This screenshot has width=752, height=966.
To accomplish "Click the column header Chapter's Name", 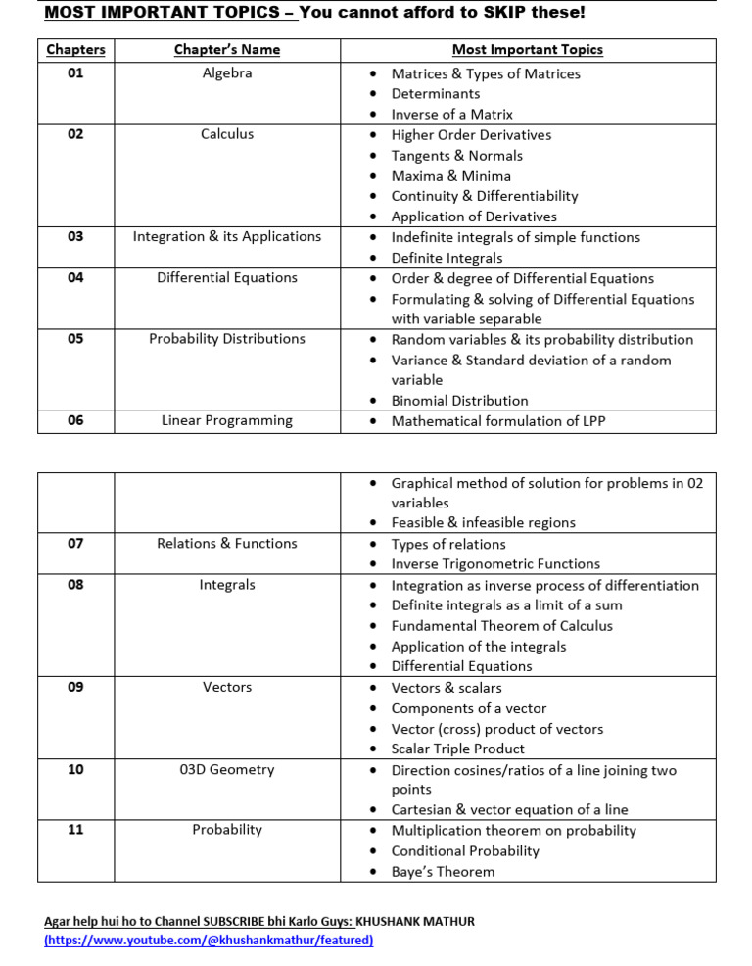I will (x=227, y=49).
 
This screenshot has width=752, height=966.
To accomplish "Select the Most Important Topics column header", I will (x=527, y=49).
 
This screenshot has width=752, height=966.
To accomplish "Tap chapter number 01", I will (x=75, y=73).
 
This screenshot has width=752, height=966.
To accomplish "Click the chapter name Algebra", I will (x=227, y=73).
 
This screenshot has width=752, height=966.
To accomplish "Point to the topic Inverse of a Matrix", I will (x=451, y=115).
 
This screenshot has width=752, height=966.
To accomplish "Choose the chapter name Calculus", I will (x=227, y=134).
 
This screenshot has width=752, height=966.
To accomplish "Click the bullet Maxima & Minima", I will (x=450, y=176).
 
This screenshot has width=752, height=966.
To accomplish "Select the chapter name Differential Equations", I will (x=227, y=278).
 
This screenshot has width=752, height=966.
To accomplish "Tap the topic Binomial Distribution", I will (x=459, y=401).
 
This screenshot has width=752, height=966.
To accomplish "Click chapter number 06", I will (x=75, y=420).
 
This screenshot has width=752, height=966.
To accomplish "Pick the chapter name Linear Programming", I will (x=227, y=421).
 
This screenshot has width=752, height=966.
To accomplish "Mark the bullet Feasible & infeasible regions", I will (x=483, y=523).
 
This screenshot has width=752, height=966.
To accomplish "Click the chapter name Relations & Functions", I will (x=227, y=544).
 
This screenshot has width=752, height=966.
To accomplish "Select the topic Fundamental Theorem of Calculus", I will (x=501, y=626).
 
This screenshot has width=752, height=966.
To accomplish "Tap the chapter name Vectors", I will (x=227, y=688).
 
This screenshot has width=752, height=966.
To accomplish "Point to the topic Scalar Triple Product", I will (x=457, y=749).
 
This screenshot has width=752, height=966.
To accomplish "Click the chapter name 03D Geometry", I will (x=227, y=770).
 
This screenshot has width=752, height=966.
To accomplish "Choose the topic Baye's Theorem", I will (x=443, y=872).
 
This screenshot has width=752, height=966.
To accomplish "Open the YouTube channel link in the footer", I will (x=209, y=941).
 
